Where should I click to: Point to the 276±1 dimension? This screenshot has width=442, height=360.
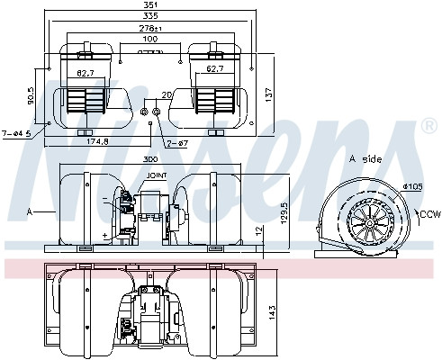coord(150,30)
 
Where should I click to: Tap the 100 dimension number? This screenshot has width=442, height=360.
coord(150,40)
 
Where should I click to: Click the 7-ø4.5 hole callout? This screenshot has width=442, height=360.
coord(16,133)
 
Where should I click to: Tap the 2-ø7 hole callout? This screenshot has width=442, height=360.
coord(177,143)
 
